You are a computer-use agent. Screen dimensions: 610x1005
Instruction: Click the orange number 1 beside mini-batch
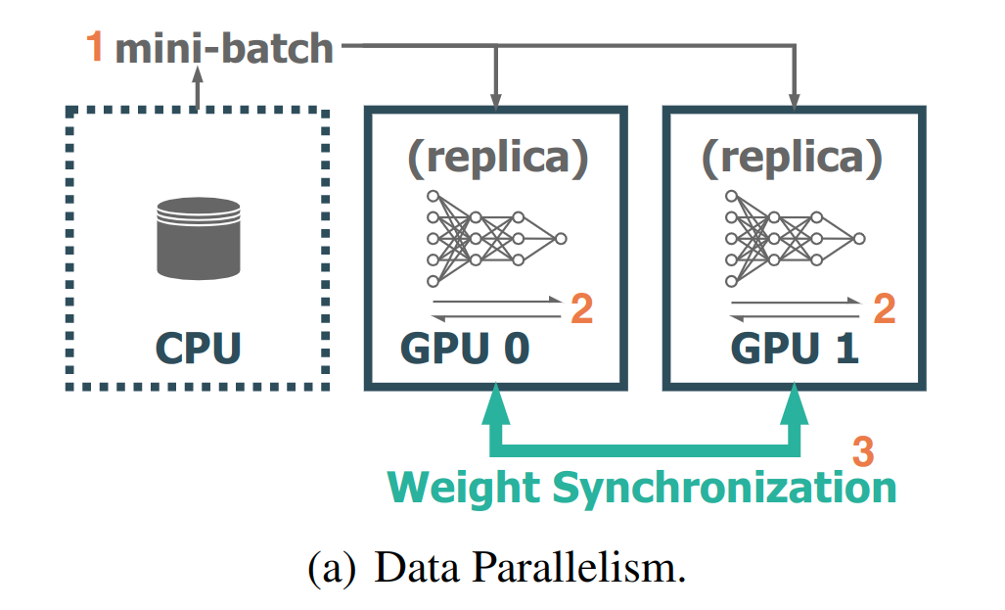95,48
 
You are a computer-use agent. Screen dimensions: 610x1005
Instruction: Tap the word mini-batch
224,48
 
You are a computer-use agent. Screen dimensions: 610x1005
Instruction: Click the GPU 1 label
795,350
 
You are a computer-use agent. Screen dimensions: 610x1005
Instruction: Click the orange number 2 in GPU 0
581,309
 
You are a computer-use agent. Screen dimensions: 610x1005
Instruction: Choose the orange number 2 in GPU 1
883,309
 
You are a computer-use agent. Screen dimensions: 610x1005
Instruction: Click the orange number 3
862,451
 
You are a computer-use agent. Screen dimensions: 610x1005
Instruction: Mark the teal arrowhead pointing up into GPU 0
497,404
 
